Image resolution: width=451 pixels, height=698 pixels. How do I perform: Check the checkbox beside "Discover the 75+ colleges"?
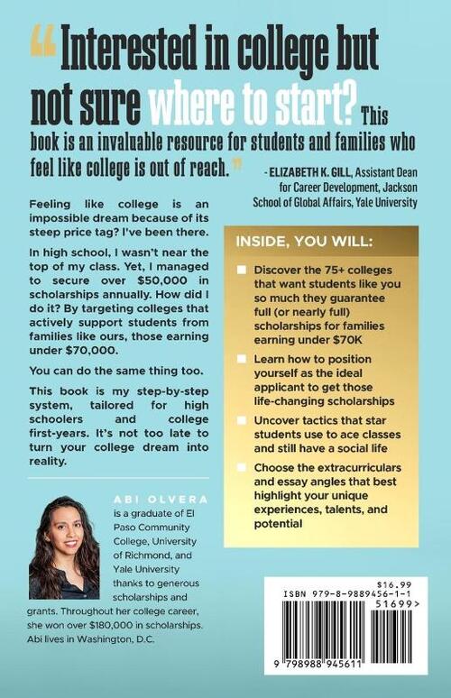243,272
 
